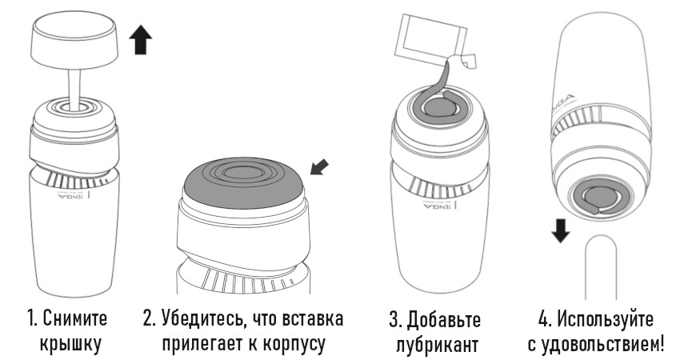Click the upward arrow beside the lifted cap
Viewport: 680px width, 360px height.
coord(141,39)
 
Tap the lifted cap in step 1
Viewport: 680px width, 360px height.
coord(74,41)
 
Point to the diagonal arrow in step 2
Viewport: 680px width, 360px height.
coord(320,167)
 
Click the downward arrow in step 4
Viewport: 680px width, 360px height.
coord(561,230)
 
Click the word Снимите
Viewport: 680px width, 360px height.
coord(75,319)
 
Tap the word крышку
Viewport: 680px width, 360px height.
coord(70,344)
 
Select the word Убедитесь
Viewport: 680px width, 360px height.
coord(202,320)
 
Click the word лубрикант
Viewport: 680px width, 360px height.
coord(437,346)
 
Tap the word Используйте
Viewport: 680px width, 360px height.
coord(605,320)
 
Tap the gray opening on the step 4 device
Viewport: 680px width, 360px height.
coord(601,198)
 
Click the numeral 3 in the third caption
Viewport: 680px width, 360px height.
coord(394,320)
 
